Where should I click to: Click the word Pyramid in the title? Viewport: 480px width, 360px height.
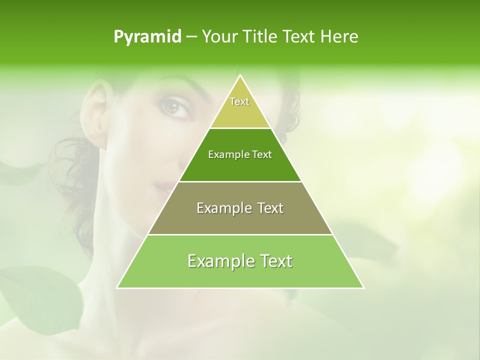click(x=147, y=37)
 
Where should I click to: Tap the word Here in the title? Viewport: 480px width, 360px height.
click(x=339, y=37)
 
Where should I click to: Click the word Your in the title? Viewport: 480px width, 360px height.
click(x=219, y=37)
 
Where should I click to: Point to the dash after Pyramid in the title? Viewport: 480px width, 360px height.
click(x=191, y=37)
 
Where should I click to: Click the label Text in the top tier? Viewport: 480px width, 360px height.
click(x=239, y=101)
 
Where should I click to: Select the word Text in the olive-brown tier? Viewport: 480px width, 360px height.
click(x=270, y=208)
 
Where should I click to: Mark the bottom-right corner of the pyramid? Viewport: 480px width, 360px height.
click(x=363, y=287)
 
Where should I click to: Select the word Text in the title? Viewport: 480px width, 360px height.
click(x=299, y=37)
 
